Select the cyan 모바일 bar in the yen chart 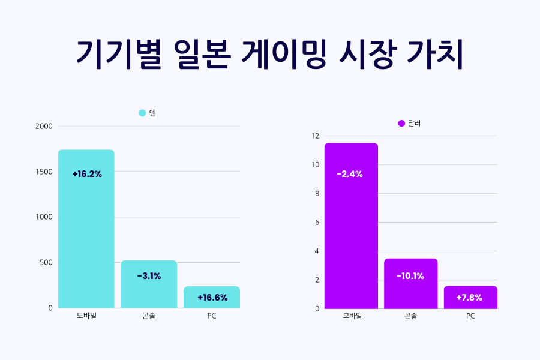point(86,229)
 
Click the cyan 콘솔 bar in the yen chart point(149,284)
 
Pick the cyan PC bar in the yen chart point(212,298)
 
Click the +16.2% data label point(87,174)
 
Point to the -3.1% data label point(149,276)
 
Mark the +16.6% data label point(212,297)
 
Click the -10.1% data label point(410,276)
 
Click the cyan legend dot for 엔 point(142,113)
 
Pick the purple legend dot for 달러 point(401,123)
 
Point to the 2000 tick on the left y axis point(44,127)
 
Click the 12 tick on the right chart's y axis point(315,136)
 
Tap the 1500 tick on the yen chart point(44,172)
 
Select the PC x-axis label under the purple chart point(470,316)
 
